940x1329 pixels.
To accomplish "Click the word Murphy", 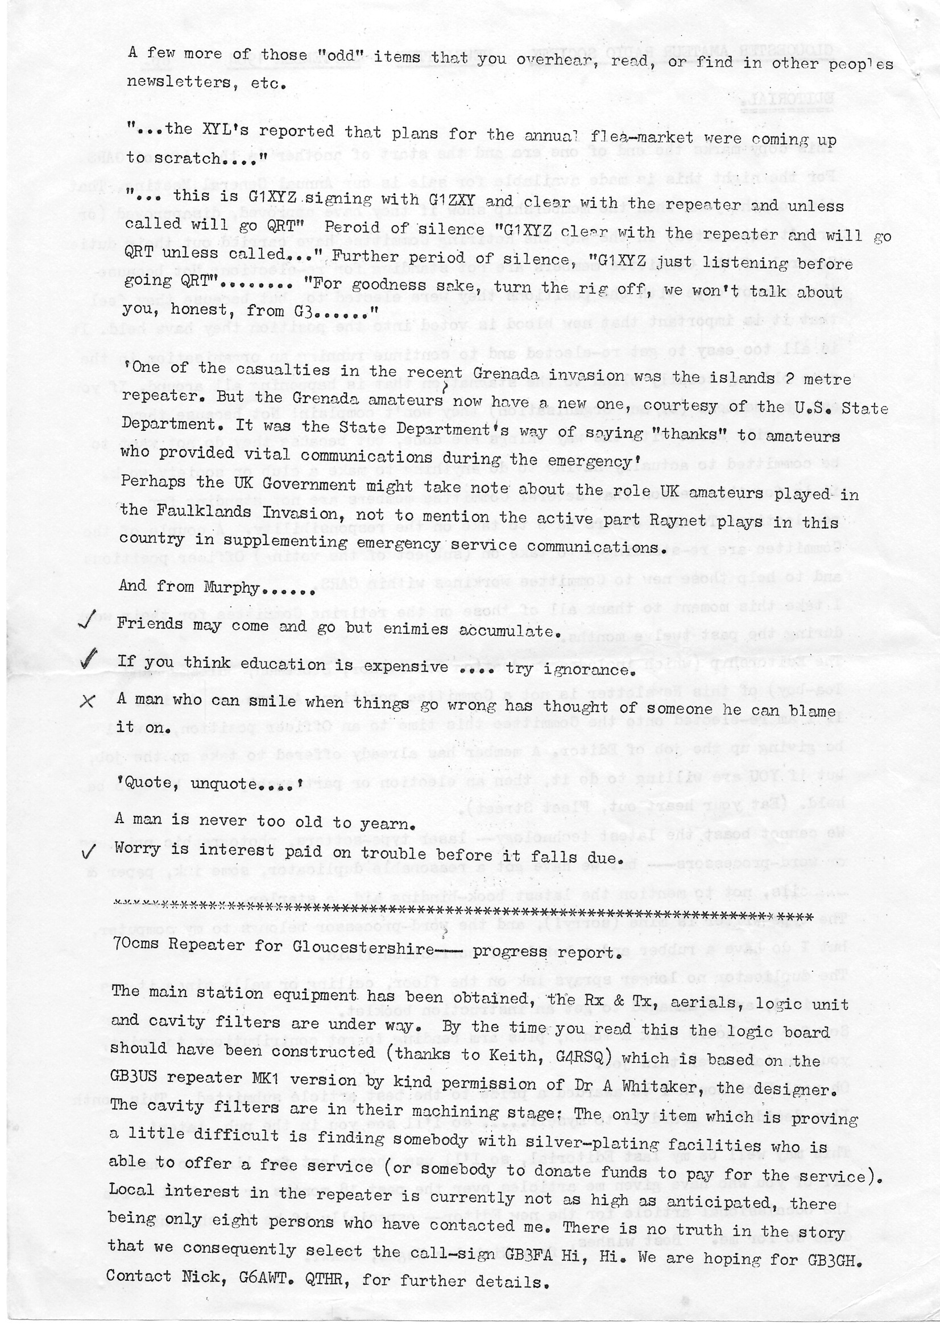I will [x=230, y=588].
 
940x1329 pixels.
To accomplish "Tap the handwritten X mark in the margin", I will [x=87, y=701].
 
